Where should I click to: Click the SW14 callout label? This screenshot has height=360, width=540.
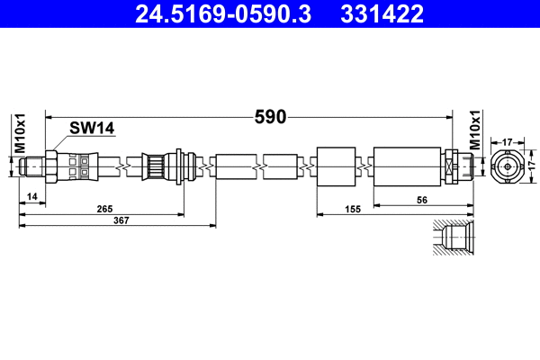coord(93,129)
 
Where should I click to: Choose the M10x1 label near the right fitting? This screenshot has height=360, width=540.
coord(474,133)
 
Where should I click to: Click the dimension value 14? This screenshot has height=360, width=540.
coord(32,195)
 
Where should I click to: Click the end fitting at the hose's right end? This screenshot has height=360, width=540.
coord(458,166)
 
